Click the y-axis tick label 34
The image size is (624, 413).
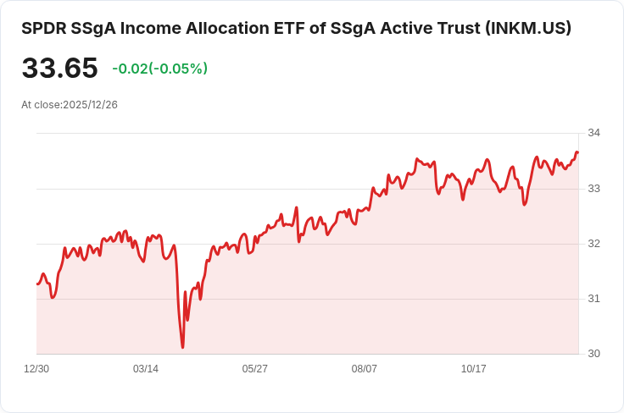pos(593,133)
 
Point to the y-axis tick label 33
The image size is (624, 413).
pos(593,188)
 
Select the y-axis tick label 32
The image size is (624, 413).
pos(593,244)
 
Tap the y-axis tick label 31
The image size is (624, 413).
pos(593,299)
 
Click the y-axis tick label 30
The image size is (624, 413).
pos(593,354)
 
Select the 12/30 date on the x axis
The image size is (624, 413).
pos(36,369)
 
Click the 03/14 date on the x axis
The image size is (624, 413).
pos(146,369)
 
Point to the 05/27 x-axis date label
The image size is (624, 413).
pos(255,369)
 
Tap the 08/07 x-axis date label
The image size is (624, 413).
pos(365,369)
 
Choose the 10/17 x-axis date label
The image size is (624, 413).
pos(474,369)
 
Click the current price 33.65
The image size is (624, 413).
pos(59,69)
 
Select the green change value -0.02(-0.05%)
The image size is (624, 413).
pos(159,69)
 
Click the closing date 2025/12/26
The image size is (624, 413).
pos(90,105)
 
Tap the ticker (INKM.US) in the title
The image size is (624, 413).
pos(527,28)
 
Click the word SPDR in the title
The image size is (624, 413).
pos(43,28)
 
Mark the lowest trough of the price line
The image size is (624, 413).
pos(182,347)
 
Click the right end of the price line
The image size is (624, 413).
pos(577,152)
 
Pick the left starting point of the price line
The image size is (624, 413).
pos(37,284)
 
